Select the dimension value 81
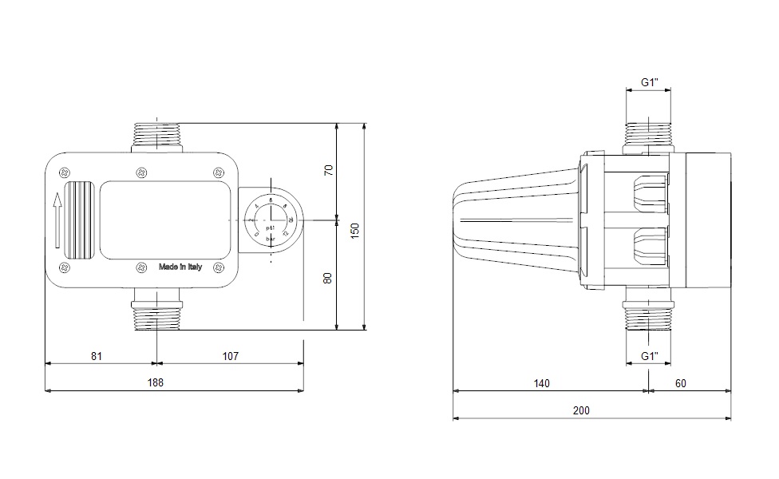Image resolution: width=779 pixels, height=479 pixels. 96,355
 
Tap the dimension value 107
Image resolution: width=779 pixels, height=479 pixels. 231,355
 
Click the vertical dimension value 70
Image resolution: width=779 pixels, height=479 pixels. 327,171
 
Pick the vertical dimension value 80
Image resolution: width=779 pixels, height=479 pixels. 327,278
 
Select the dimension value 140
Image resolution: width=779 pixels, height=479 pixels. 541,383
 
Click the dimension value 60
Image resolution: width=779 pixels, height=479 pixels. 680,383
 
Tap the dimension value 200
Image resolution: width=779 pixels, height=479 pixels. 581,410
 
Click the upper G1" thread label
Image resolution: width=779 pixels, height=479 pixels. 649,82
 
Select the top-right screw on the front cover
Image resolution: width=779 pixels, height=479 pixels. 218,171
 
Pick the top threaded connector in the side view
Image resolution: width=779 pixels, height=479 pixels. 649,137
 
